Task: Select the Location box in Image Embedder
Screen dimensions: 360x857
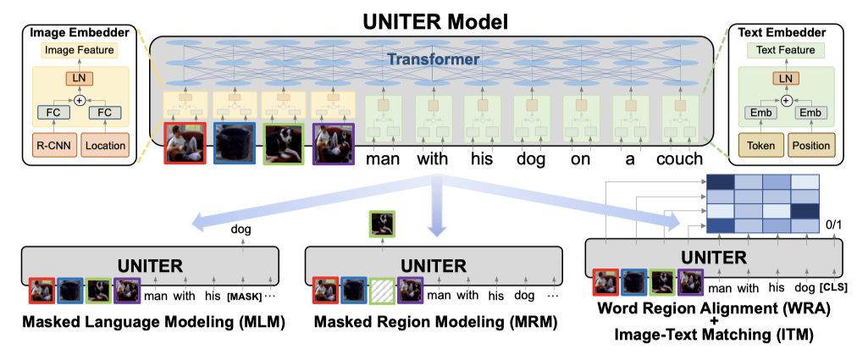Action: pyautogui.click(x=105, y=145)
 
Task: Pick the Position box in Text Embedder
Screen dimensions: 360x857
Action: pyautogui.click(x=810, y=145)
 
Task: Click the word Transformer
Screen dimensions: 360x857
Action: pyautogui.click(x=434, y=60)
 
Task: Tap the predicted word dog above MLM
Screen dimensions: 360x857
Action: pyautogui.click(x=242, y=229)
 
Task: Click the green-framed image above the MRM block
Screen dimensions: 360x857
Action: pyautogui.click(x=381, y=224)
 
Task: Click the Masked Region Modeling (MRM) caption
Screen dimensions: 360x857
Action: pyautogui.click(x=434, y=323)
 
